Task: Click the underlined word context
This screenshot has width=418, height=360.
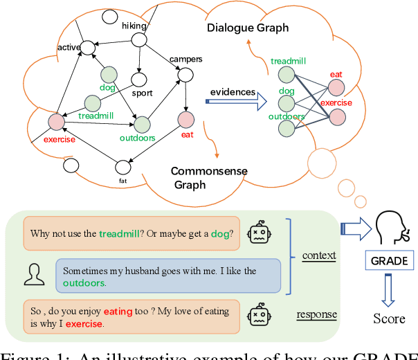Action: click(x=318, y=255)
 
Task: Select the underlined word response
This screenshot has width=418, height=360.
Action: click(x=316, y=314)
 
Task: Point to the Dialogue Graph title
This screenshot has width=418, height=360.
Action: click(x=248, y=28)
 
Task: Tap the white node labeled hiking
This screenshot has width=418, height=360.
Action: click(x=138, y=39)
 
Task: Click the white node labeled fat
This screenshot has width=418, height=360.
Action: click(x=124, y=166)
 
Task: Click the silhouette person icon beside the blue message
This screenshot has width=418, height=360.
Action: click(x=33, y=275)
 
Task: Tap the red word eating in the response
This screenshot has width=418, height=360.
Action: click(x=118, y=312)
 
